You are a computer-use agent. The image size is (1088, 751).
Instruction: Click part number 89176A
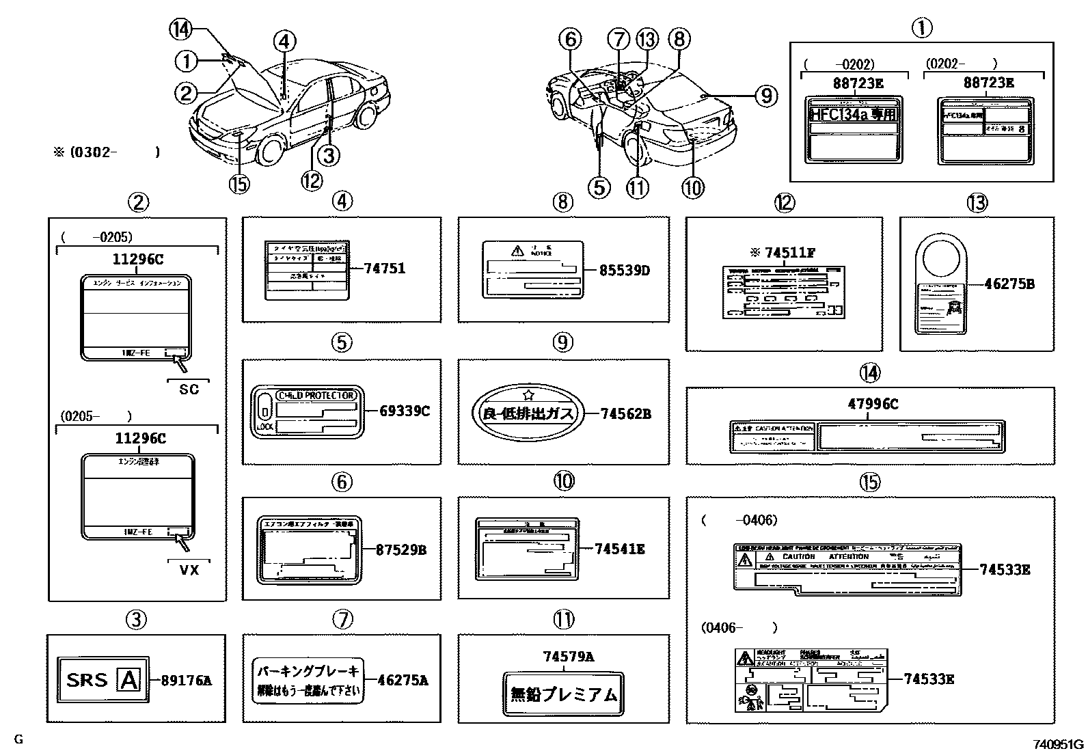point(186,680)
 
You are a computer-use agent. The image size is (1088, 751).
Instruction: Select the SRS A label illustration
point(103,679)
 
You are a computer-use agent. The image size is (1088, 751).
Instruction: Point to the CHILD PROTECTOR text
point(316,396)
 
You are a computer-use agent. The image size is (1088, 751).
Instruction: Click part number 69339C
point(405,411)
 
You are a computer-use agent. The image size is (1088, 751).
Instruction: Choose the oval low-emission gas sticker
point(525,413)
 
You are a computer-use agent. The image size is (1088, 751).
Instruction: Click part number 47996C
point(873,404)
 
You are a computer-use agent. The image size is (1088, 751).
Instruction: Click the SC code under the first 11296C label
point(189,389)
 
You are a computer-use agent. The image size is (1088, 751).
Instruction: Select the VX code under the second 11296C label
point(189,569)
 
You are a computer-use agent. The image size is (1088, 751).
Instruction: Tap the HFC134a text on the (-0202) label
point(852,113)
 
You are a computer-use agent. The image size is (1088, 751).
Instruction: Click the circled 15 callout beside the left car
point(239,185)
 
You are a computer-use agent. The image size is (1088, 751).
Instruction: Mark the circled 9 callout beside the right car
point(766,96)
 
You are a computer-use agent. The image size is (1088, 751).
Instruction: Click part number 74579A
point(568,657)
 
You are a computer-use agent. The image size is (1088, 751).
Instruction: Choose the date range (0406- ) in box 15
point(738,627)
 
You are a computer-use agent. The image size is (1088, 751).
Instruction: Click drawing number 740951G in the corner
point(1058,743)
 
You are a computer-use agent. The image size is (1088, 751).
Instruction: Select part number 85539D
point(625,270)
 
